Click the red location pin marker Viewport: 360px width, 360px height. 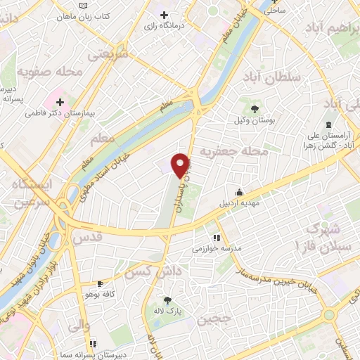click(181, 165)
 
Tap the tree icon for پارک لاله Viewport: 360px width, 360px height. click(167, 299)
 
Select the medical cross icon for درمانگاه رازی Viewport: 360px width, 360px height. click(165, 15)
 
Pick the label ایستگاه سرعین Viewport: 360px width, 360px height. click(32, 194)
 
